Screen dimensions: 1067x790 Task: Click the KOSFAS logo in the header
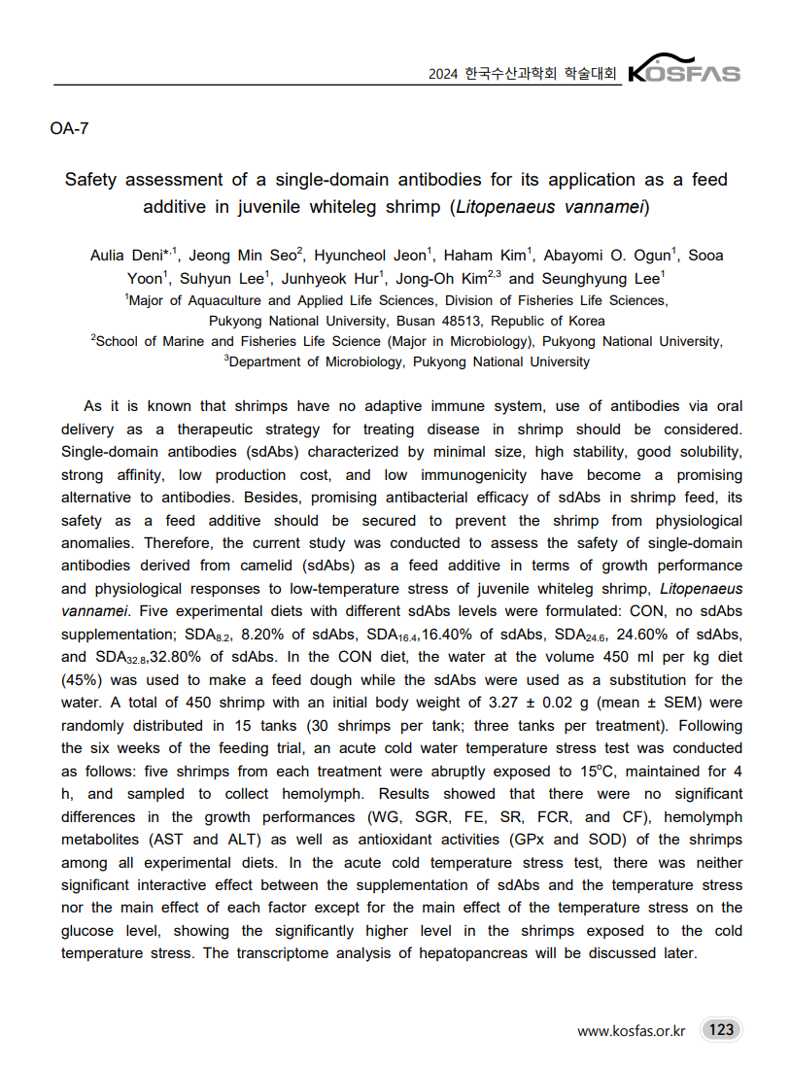pos(684,71)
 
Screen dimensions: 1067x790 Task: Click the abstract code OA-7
pos(69,128)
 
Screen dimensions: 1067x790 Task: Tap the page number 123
pos(721,1029)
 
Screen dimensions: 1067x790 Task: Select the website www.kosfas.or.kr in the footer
pos(631,1030)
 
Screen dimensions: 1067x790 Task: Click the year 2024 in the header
pos(443,74)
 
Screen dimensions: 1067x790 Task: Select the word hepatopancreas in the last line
pos(472,952)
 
